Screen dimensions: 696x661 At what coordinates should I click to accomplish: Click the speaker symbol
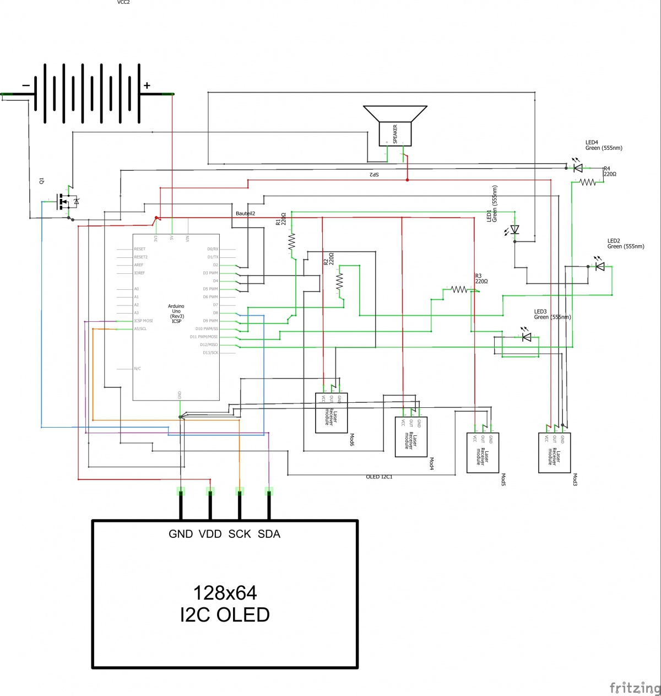[x=395, y=126]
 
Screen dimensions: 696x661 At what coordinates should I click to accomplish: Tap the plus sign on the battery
[x=147, y=85]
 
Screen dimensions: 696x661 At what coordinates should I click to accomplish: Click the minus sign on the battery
[x=26, y=85]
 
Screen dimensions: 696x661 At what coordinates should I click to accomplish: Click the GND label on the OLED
[x=181, y=534]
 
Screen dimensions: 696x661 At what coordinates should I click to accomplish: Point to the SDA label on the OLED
[x=269, y=534]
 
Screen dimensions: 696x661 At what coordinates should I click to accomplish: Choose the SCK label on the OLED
[x=240, y=534]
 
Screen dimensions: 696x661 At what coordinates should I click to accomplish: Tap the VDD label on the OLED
[x=210, y=534]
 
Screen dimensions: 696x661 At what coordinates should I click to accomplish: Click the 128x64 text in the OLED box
[x=225, y=593]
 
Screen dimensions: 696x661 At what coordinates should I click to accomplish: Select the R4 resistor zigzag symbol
[x=588, y=182]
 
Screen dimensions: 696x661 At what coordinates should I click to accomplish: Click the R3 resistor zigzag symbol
[x=459, y=289]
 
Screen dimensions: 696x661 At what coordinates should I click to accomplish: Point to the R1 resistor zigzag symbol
[x=292, y=242]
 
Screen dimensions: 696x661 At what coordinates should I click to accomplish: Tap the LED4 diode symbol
[x=577, y=168]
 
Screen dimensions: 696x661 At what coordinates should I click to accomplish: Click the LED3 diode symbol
[x=527, y=337]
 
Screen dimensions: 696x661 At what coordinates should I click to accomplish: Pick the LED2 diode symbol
[x=600, y=267]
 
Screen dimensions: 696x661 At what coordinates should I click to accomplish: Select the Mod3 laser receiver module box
[x=554, y=452]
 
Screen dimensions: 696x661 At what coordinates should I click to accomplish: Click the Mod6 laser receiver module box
[x=331, y=413]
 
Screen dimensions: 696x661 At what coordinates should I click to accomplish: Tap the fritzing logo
[x=635, y=687]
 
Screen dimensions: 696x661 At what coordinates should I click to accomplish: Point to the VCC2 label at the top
[x=123, y=3]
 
